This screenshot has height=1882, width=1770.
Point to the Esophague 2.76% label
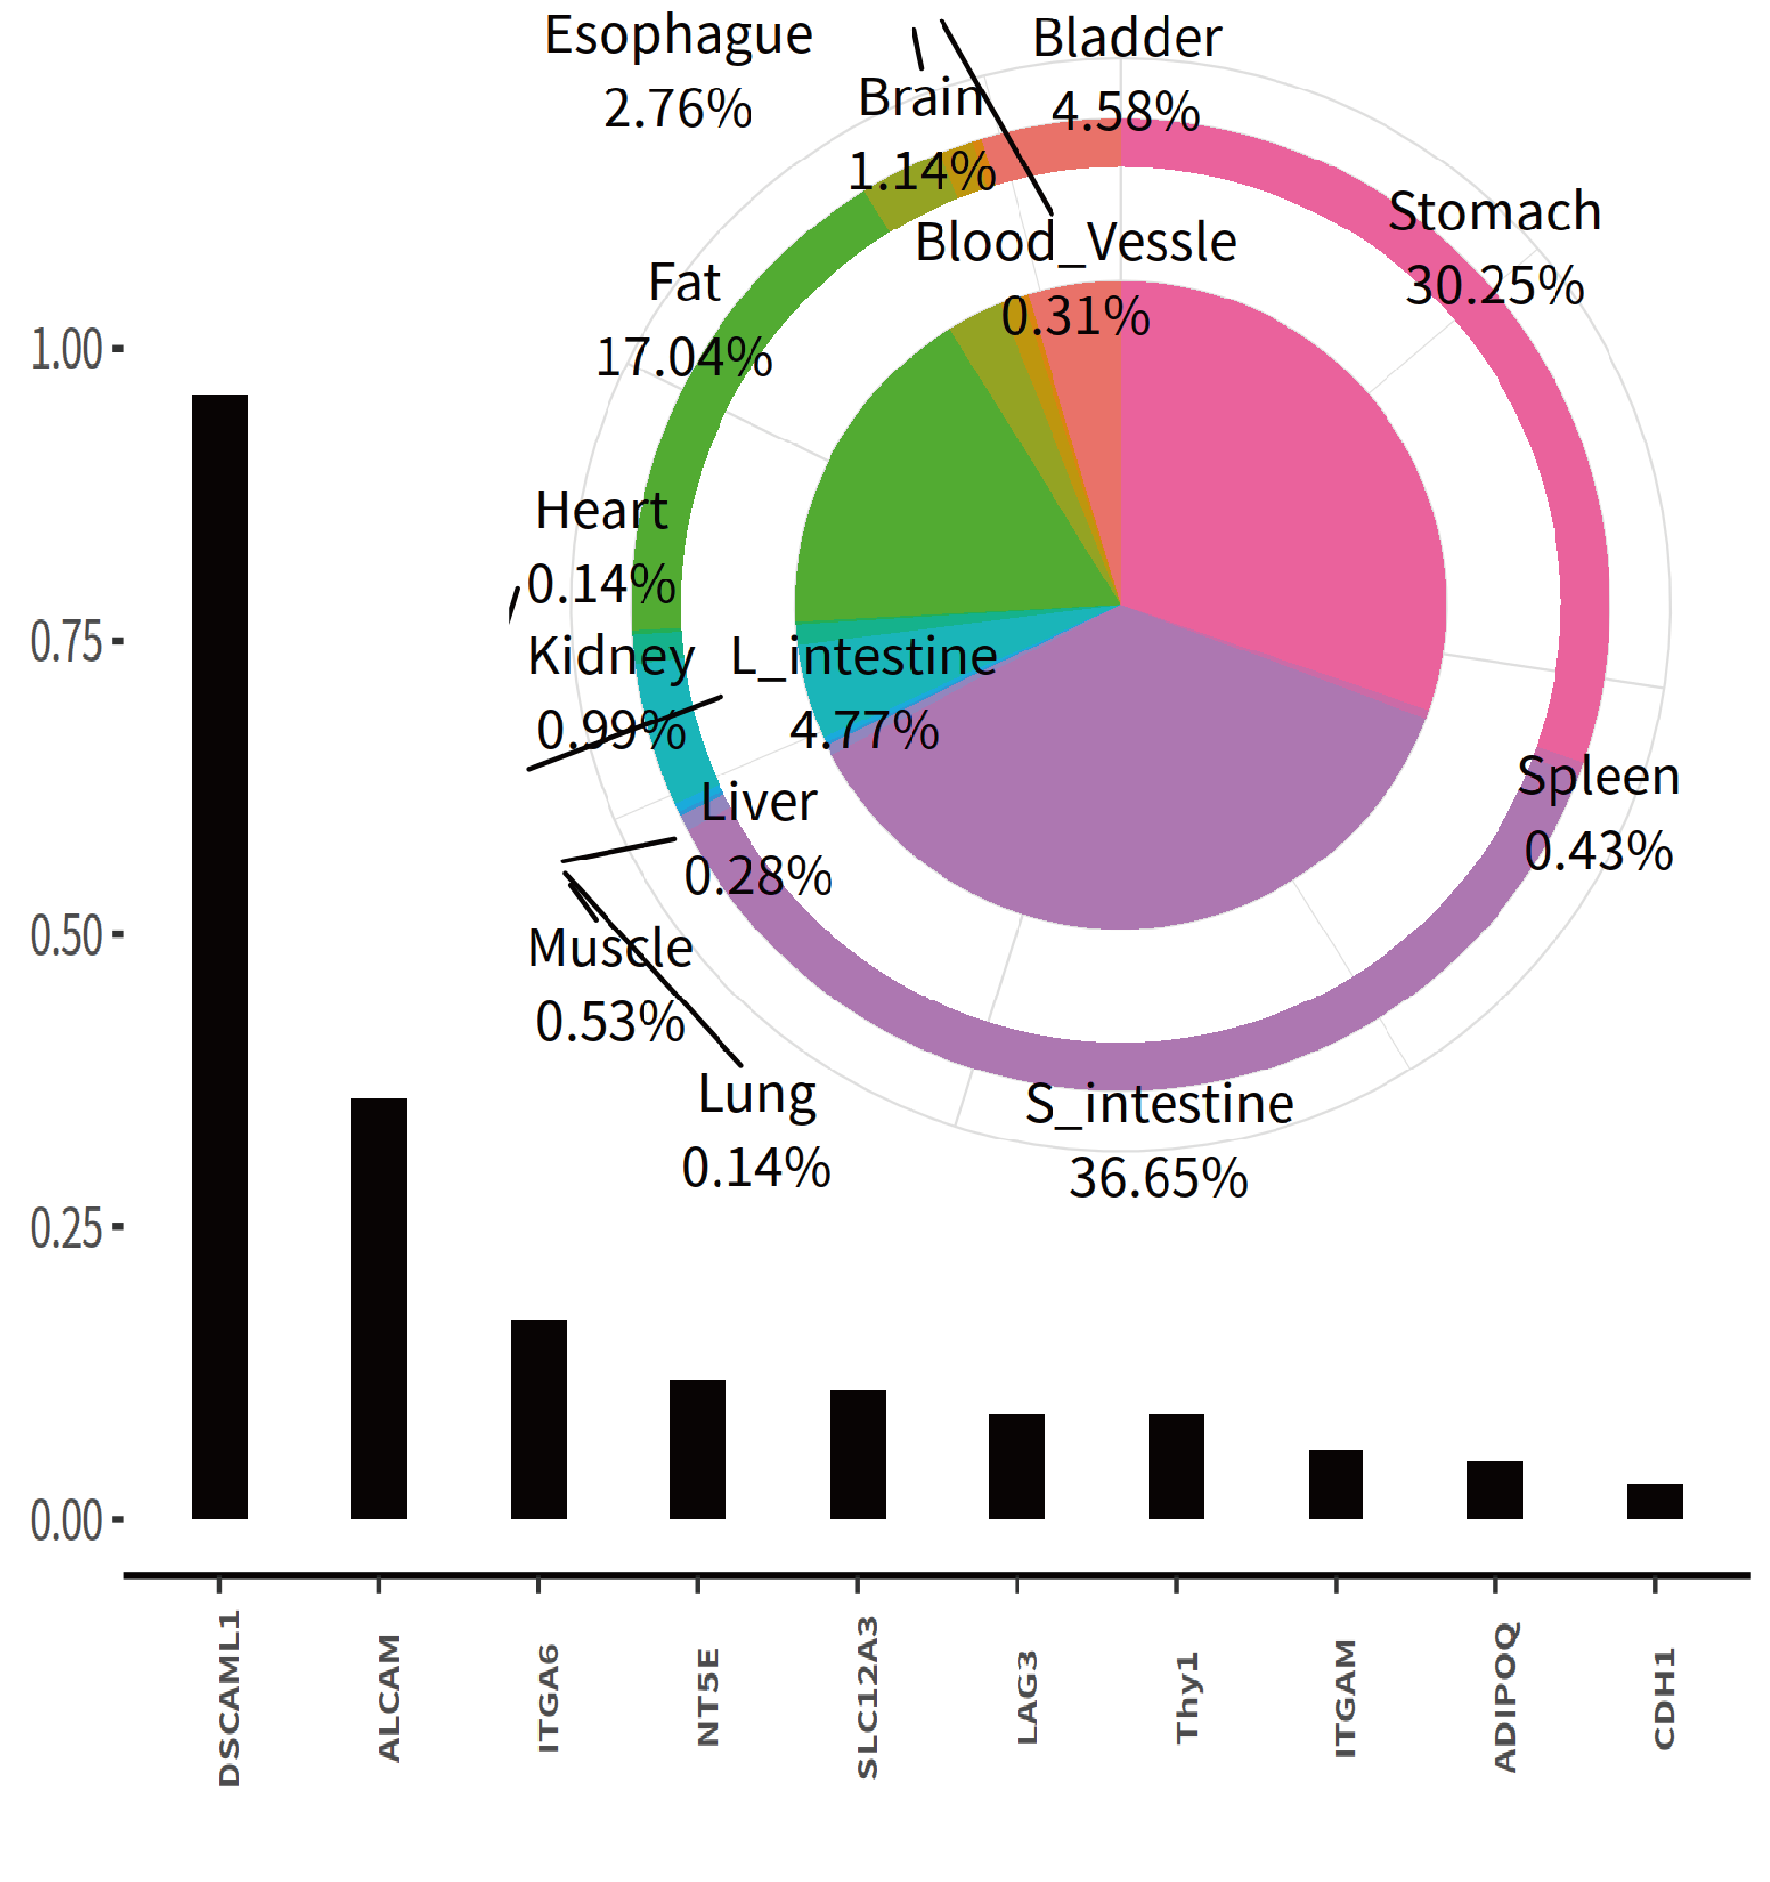coord(678,71)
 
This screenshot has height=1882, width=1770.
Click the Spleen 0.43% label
coord(1598,812)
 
